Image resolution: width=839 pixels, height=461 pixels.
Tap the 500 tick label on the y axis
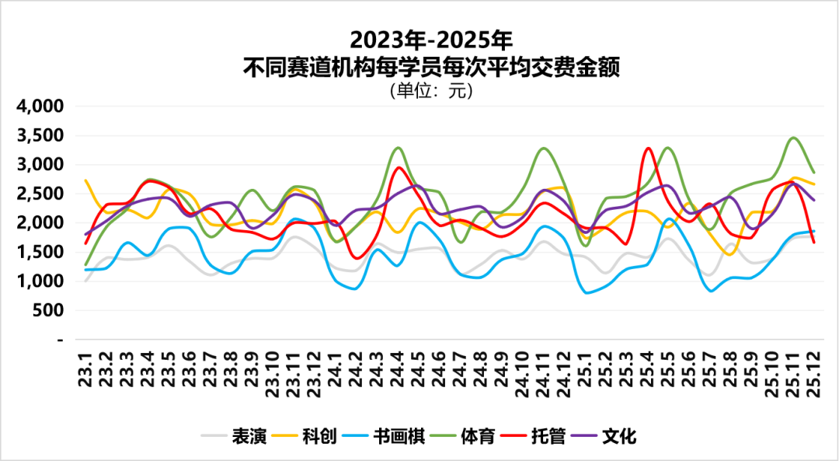[49, 310]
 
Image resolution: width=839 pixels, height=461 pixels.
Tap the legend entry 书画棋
[399, 436]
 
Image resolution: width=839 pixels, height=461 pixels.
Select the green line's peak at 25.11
[793, 138]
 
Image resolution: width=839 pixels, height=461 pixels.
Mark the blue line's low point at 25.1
[587, 293]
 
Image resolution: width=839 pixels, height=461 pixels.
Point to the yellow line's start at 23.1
[85, 180]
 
